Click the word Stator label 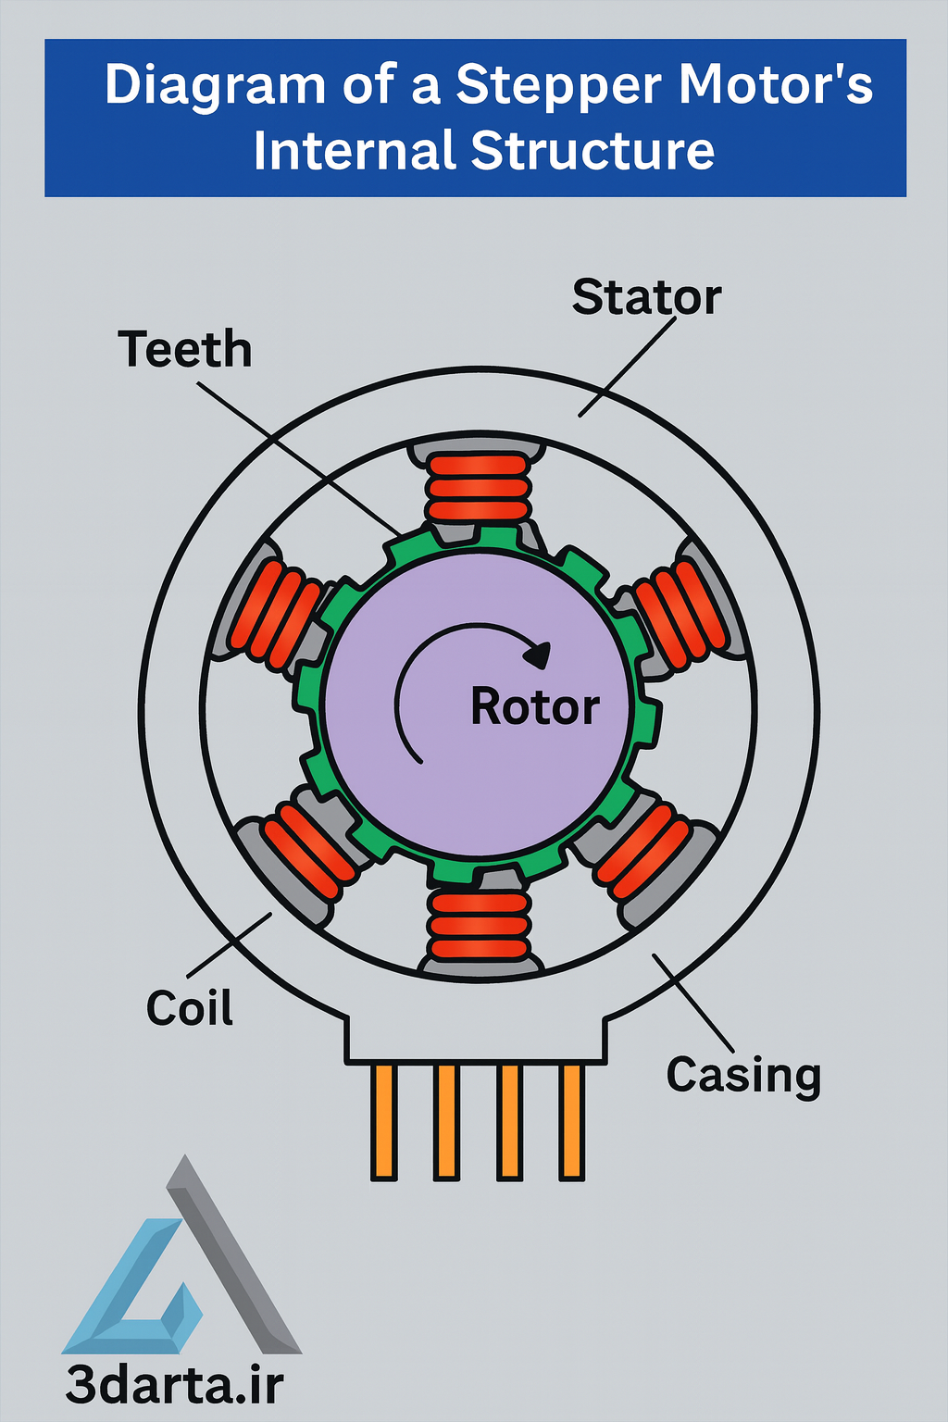coord(646,297)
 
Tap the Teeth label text coord(185,350)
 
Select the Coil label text coord(190,1007)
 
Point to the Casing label coord(743,1075)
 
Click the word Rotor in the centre coord(535,707)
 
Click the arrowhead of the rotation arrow coord(538,655)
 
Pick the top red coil coord(479,487)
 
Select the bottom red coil coord(479,925)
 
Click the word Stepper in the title coord(560,85)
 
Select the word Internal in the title coord(355,151)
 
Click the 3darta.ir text coord(174,1386)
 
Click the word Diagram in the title coord(215,85)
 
